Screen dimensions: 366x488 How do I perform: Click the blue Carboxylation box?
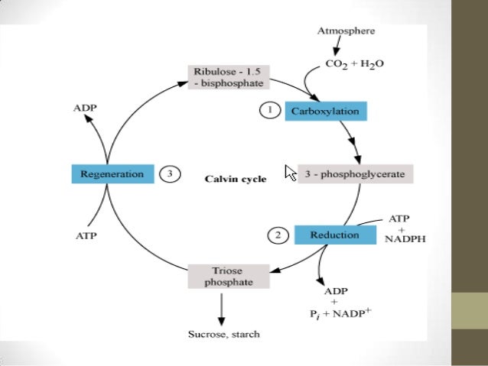point(324,112)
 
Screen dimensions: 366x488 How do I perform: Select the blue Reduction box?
point(334,235)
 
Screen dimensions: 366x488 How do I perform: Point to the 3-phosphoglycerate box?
point(355,173)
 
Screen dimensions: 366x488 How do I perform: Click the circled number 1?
point(268,112)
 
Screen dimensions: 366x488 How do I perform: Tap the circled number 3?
point(169,173)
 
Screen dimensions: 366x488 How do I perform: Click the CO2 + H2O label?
point(355,64)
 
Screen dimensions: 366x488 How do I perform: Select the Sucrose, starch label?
point(223,334)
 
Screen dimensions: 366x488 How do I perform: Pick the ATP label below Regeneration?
point(85,237)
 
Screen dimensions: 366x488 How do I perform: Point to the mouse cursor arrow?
point(290,173)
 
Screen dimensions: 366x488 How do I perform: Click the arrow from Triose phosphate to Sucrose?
point(221,307)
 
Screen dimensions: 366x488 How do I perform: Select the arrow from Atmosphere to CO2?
point(336,47)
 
